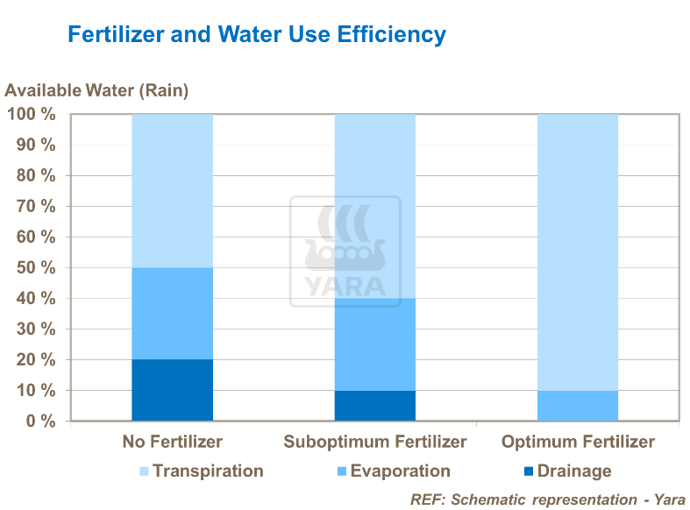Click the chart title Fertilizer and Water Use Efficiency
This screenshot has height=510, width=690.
(x=257, y=35)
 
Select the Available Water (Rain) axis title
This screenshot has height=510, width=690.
(x=96, y=89)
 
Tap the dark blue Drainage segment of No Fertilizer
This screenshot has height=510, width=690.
(x=172, y=390)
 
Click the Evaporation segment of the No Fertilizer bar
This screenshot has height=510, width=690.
(x=172, y=313)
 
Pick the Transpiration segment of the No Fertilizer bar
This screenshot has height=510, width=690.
(x=172, y=190)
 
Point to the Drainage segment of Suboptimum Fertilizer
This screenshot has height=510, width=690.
(x=374, y=405)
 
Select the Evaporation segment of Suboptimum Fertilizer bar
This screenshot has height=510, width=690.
(x=374, y=344)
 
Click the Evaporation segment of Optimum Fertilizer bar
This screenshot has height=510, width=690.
(x=577, y=405)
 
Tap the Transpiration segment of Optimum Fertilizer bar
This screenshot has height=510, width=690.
(x=577, y=251)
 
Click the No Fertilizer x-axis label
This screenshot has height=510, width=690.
(x=172, y=442)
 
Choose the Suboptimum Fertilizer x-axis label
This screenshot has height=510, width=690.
(x=374, y=442)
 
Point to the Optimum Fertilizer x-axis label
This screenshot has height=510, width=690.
(x=578, y=442)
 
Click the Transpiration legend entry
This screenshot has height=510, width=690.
(x=201, y=471)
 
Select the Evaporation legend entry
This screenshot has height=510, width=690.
(x=392, y=471)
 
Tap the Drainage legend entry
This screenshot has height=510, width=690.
(x=565, y=471)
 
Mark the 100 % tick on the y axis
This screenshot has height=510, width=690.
(x=32, y=115)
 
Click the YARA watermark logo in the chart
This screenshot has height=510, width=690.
(x=345, y=251)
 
